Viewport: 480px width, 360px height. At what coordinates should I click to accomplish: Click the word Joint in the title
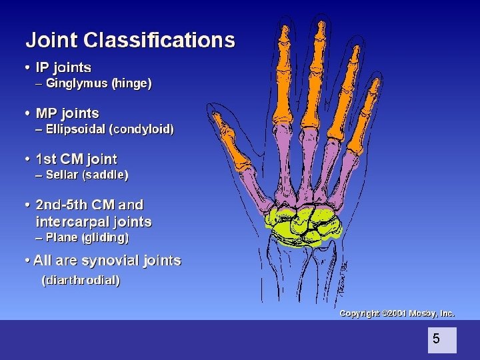point(53,40)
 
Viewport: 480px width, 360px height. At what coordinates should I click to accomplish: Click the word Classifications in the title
point(159,40)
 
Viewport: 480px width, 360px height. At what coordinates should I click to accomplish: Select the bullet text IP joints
point(63,67)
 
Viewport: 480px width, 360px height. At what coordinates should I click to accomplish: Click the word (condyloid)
point(143,129)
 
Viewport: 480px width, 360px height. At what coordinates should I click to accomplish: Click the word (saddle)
point(106,175)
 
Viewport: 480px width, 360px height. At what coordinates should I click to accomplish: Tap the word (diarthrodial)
point(81,281)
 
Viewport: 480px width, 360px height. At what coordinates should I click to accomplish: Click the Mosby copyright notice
point(397,313)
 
